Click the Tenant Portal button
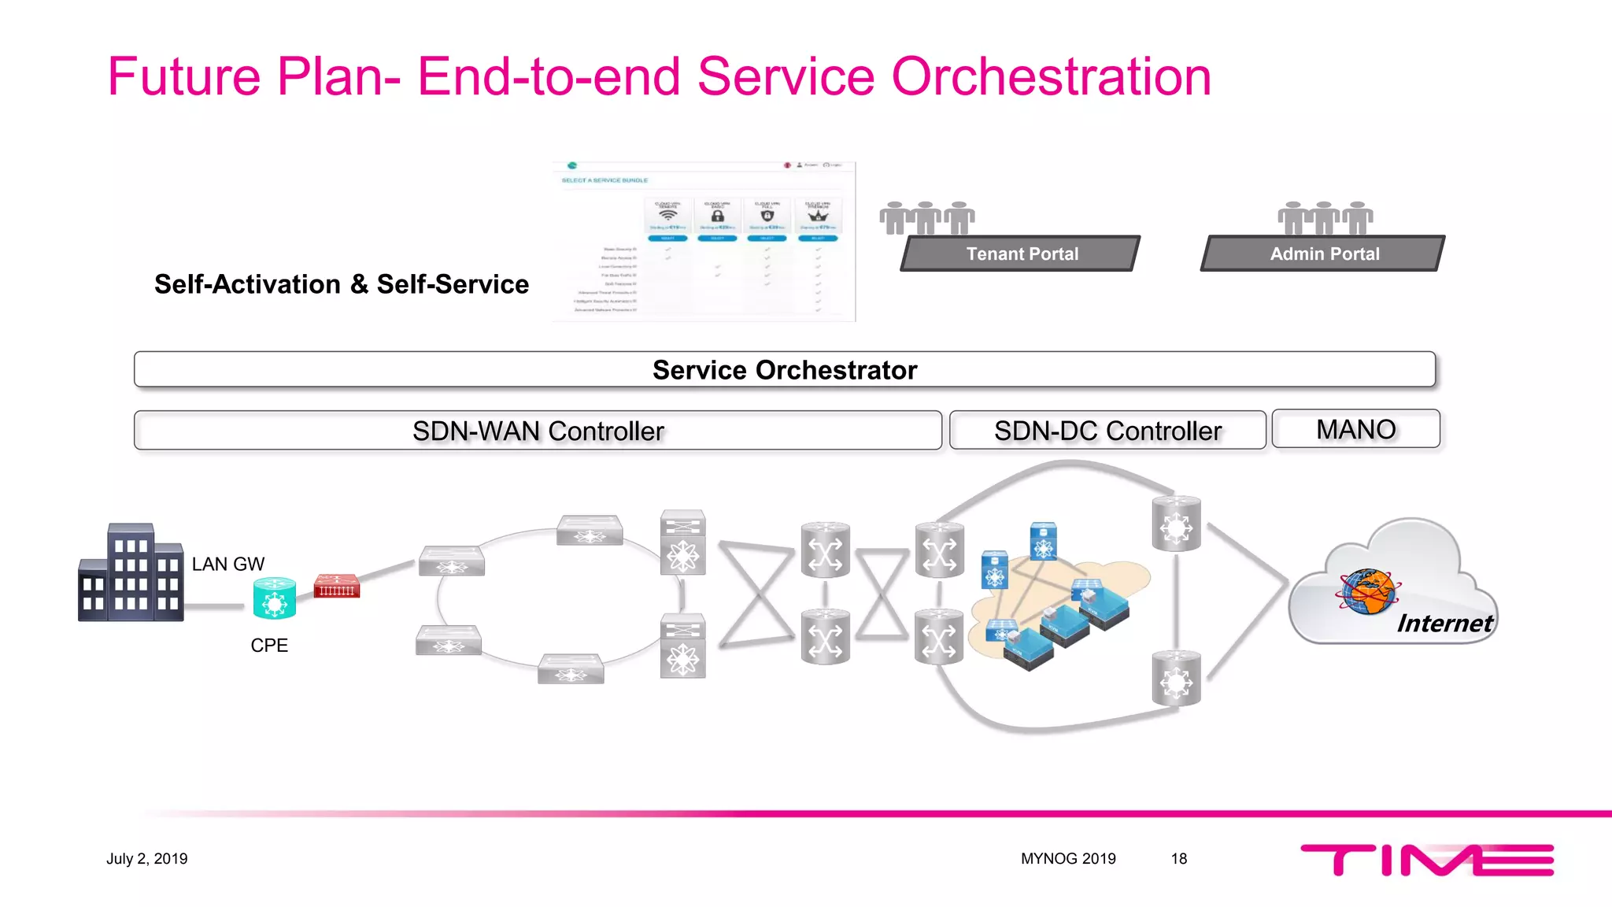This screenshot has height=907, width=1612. click(1021, 254)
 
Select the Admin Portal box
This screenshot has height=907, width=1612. click(1324, 254)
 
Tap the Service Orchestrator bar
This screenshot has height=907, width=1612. click(784, 369)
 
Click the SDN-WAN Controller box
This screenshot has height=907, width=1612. click(538, 431)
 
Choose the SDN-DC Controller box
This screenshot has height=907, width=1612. click(1107, 431)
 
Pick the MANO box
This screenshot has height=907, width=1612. click(1355, 429)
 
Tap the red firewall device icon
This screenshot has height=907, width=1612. click(337, 587)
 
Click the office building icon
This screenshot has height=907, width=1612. click(131, 573)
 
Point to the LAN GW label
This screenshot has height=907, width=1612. click(227, 564)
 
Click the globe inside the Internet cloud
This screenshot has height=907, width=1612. click(1368, 591)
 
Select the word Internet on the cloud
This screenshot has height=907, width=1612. click(1444, 624)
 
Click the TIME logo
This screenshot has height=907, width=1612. click(1426, 859)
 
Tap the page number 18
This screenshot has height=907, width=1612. click(1178, 858)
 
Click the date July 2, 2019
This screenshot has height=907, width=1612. click(147, 858)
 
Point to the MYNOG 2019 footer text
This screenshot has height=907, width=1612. click(1068, 858)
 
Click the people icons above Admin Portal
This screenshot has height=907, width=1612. click(1325, 217)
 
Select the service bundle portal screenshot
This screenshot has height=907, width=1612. click(704, 242)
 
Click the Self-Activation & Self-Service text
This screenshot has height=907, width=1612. click(342, 284)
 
